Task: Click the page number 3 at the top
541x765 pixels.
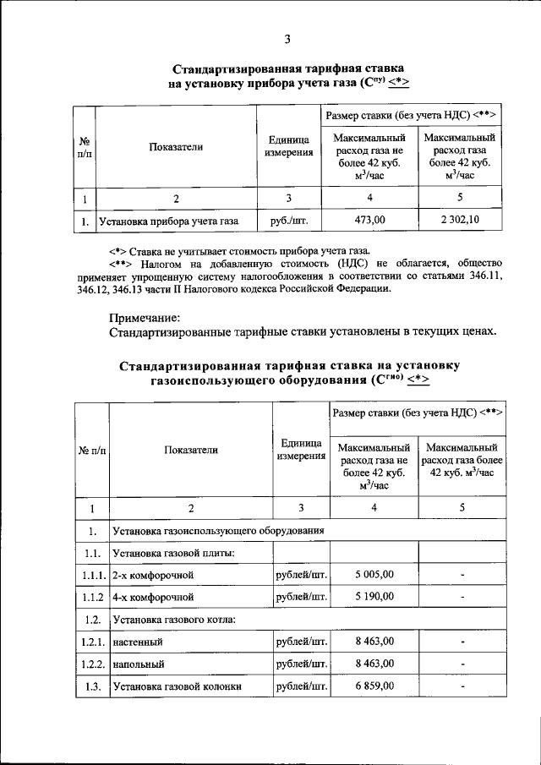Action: coord(287,39)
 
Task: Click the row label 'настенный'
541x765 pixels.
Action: coord(139,642)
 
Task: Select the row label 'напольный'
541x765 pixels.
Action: coord(139,664)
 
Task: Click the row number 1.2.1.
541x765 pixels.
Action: coord(91,642)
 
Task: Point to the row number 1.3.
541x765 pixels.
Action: coord(91,686)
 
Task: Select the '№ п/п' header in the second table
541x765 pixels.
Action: coord(91,450)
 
